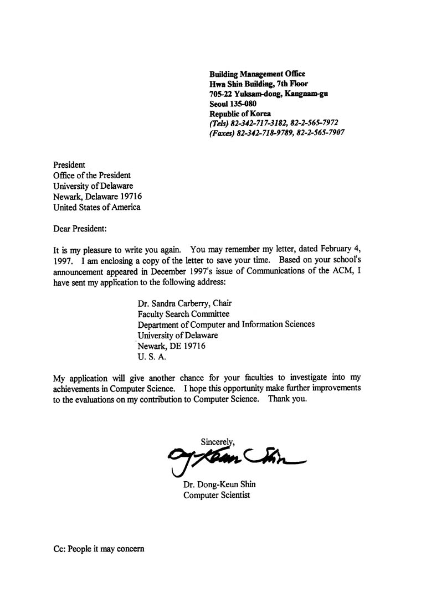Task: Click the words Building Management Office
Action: (x=257, y=74)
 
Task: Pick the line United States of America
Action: (x=96, y=207)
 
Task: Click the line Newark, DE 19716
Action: (x=171, y=346)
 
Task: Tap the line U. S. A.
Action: (x=151, y=357)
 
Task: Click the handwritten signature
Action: (x=233, y=457)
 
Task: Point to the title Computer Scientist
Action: (x=217, y=495)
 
